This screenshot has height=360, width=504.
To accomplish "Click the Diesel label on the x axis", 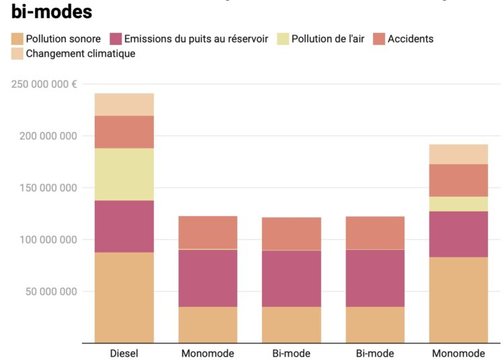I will point(124,353).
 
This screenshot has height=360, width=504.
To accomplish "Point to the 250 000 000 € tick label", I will point(44,84).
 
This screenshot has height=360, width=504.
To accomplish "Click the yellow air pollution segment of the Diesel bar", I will point(124,174).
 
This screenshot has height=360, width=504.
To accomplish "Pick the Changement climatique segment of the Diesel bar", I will point(124,104).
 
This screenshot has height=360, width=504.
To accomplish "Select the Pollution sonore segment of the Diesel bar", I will point(124,298).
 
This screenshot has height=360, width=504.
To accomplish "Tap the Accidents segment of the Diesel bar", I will point(124,132).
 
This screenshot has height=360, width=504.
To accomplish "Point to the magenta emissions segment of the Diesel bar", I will point(124,226).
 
